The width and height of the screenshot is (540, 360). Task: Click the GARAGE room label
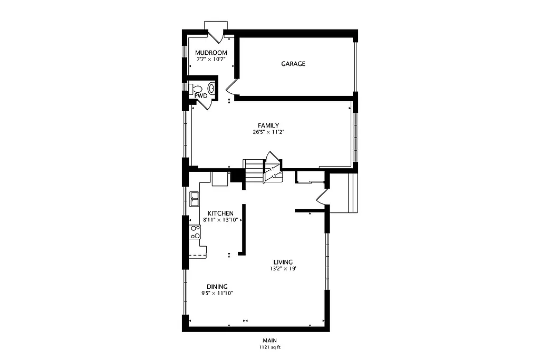click(x=293, y=64)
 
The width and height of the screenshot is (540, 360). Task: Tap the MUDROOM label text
click(x=211, y=53)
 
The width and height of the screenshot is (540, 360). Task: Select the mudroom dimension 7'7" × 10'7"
click(x=211, y=60)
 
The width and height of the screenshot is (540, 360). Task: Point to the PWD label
click(x=201, y=96)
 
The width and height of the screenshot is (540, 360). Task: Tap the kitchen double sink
click(x=195, y=198)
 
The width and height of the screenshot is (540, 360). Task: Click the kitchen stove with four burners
click(x=195, y=232)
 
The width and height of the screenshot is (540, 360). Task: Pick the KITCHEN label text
click(x=220, y=213)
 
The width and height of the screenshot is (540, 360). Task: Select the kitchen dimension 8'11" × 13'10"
click(x=220, y=220)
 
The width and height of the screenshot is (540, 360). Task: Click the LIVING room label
click(x=283, y=262)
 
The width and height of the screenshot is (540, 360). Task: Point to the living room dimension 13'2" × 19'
click(x=283, y=269)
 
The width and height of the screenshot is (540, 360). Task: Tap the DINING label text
click(x=217, y=286)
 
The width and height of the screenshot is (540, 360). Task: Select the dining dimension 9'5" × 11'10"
click(x=217, y=293)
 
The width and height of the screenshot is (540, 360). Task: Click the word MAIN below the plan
click(x=270, y=340)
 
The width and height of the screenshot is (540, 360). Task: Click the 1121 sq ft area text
click(x=270, y=347)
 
